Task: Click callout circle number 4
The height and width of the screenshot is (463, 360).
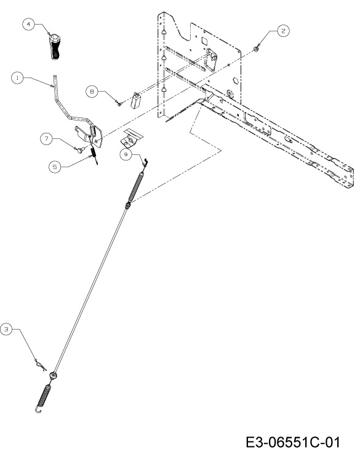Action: point(29,24)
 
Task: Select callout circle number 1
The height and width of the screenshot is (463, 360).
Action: point(17,78)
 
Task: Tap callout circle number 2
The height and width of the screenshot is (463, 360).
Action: point(284,31)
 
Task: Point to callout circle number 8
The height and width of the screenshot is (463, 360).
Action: point(92,92)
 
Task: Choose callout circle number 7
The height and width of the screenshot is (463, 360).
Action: point(46,138)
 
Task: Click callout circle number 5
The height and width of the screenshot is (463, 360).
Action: point(55,167)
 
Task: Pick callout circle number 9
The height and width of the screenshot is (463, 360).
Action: point(126,154)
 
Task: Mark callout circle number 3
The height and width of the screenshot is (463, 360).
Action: point(6,329)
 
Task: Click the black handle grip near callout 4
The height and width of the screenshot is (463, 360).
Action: point(54,47)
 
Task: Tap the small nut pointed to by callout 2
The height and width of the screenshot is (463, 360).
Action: point(257,49)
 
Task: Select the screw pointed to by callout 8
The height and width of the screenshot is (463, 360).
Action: point(119,103)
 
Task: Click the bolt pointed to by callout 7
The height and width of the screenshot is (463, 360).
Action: point(80,149)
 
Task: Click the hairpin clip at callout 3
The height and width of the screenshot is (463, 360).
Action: point(41,365)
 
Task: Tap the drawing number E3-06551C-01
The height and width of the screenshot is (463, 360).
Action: point(293,442)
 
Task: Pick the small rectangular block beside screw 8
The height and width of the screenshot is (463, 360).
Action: point(135,100)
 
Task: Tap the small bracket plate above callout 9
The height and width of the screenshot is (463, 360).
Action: point(132,138)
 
